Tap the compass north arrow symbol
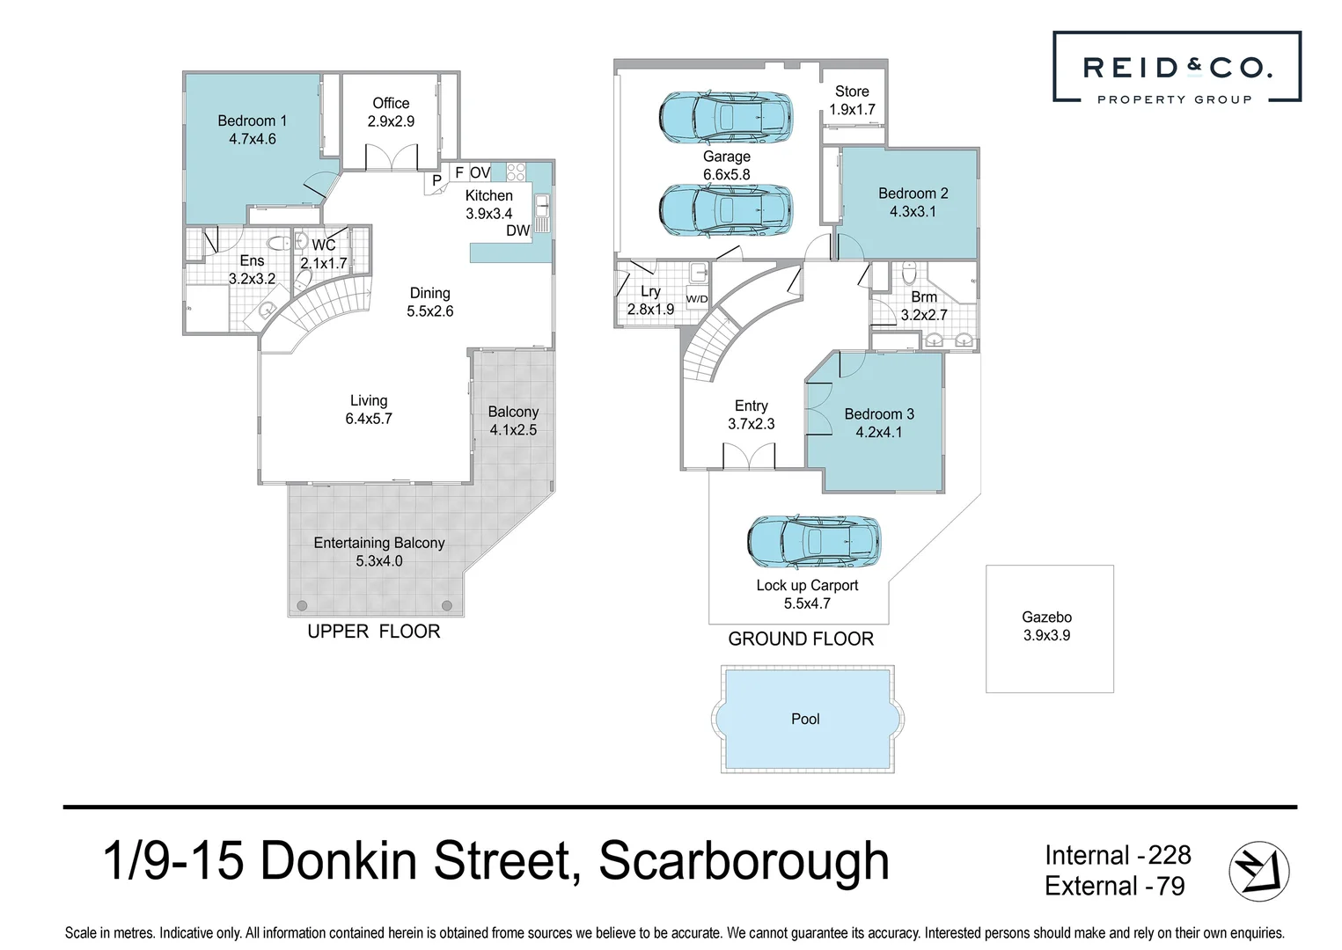[1258, 871]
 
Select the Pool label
[805, 719]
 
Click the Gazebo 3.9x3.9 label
[1046, 626]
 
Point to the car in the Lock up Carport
[814, 542]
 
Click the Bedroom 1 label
[253, 121]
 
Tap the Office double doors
[392, 157]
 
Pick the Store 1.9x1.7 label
[852, 100]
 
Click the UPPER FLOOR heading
[374, 632]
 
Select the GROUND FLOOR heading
[801, 639]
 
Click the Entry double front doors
[749, 456]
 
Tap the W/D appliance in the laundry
[697, 299]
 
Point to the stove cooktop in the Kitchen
[516, 172]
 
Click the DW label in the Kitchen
[517, 230]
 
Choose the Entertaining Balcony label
[379, 543]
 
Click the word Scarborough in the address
[744, 861]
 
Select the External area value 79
[1170, 887]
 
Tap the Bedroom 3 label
[879, 414]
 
